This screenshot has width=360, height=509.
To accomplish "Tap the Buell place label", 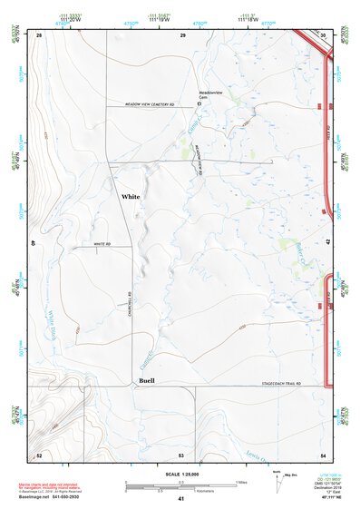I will click(x=147, y=381).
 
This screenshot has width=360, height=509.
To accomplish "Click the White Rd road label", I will click(x=101, y=245).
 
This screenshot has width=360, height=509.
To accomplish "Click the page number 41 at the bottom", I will click(x=181, y=500).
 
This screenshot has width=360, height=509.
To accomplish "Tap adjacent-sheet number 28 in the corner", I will click(x=40, y=34).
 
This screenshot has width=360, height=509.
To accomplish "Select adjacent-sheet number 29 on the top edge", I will click(x=182, y=34).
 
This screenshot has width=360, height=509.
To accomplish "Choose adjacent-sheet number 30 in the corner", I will click(x=322, y=34).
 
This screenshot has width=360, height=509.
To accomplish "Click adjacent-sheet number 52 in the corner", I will click(x=40, y=455).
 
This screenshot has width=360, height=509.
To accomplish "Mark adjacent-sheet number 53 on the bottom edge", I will click(x=181, y=455).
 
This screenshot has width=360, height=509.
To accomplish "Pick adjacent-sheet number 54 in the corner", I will click(x=322, y=455).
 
